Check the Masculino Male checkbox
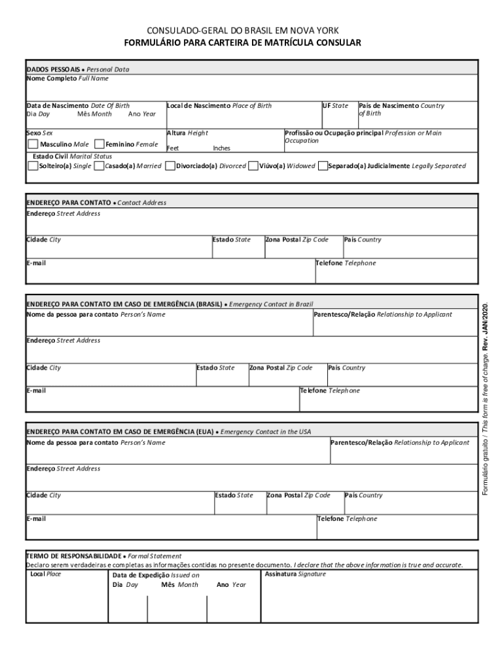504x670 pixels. [x=33, y=144]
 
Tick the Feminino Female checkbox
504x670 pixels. [x=99, y=144]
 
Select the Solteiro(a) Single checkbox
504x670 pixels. [x=33, y=166]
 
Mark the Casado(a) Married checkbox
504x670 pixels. [x=99, y=166]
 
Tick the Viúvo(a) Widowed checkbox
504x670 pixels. [x=253, y=166]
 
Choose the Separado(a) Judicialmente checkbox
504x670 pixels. [x=322, y=166]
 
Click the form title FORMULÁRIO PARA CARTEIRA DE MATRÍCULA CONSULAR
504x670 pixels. [x=243, y=43]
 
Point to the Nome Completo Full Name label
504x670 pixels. [x=67, y=79]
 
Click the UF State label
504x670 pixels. [x=335, y=105]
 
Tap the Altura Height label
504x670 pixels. [x=187, y=133]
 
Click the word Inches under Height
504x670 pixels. [x=221, y=149]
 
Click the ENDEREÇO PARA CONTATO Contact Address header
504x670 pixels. [x=96, y=203]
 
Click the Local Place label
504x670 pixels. [x=46, y=574]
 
